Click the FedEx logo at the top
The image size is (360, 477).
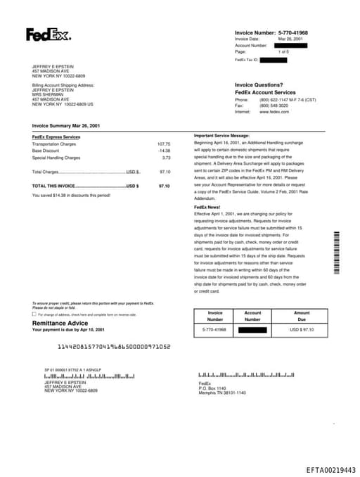(48, 34)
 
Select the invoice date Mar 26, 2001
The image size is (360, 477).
(290, 39)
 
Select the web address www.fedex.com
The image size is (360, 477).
(274, 112)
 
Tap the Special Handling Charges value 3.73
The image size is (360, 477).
(166, 158)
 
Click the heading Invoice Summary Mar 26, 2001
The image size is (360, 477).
(65, 125)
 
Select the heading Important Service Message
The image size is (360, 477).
(221, 135)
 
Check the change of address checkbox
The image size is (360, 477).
(34, 314)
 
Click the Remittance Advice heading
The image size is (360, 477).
(60, 323)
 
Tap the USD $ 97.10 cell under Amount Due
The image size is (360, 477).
(302, 329)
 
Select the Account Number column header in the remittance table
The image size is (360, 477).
(252, 316)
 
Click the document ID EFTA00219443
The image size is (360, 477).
(330, 469)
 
